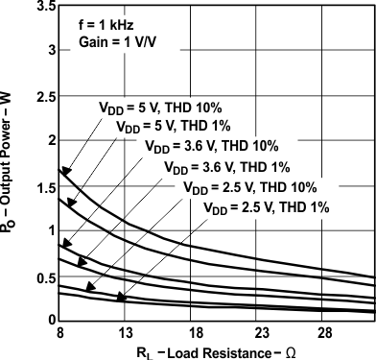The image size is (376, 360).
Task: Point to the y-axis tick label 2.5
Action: (43, 96)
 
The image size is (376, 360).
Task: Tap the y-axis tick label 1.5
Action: (43, 185)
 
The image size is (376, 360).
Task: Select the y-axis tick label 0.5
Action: (43, 276)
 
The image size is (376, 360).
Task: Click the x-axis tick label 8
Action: (60, 331)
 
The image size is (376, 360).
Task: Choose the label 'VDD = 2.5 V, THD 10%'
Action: (247, 187)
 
